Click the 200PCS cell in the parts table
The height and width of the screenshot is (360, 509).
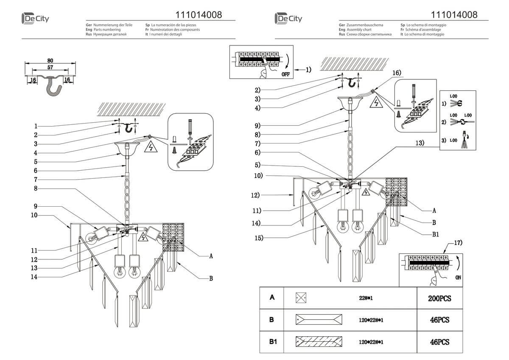(x=439, y=298)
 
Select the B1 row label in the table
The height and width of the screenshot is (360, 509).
(x=271, y=341)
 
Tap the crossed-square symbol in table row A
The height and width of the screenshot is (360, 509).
(x=301, y=298)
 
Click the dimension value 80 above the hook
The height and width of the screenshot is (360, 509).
(x=50, y=60)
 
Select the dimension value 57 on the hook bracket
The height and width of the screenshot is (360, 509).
(x=50, y=67)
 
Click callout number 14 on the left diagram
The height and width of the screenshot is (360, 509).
(x=34, y=277)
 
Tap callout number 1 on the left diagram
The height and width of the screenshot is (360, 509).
(x=36, y=126)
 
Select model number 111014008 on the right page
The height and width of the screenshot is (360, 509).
(x=454, y=15)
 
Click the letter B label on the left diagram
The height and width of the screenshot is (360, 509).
(x=211, y=279)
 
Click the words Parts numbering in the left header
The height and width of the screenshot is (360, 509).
(x=106, y=30)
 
